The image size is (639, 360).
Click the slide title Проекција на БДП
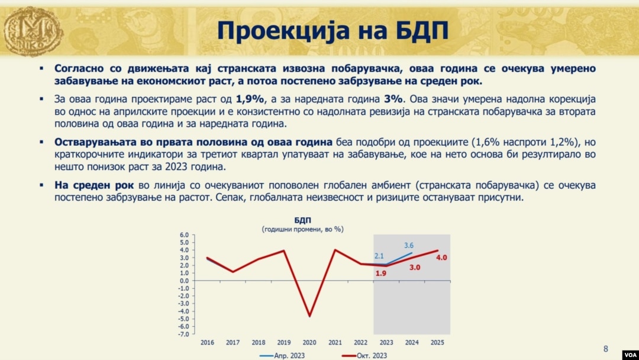(333, 31)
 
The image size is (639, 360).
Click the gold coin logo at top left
(33, 31)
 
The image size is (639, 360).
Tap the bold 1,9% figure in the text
(250, 99)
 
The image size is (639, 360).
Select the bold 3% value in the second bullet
(393, 99)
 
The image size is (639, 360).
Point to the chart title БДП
(302, 221)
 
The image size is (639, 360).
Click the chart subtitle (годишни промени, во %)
(302, 229)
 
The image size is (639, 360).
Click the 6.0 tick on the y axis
(184, 235)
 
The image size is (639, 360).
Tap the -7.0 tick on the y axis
(184, 335)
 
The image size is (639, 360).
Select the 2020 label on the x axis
(309, 342)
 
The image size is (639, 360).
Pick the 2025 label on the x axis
(437, 342)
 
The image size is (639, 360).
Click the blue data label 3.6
(409, 246)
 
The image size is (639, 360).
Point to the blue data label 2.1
(379, 256)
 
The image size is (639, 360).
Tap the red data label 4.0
(441, 258)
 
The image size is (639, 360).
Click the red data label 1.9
(380, 273)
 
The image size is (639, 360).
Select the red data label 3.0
(414, 268)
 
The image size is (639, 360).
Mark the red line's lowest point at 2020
(309, 316)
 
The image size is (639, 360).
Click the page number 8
(606, 349)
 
